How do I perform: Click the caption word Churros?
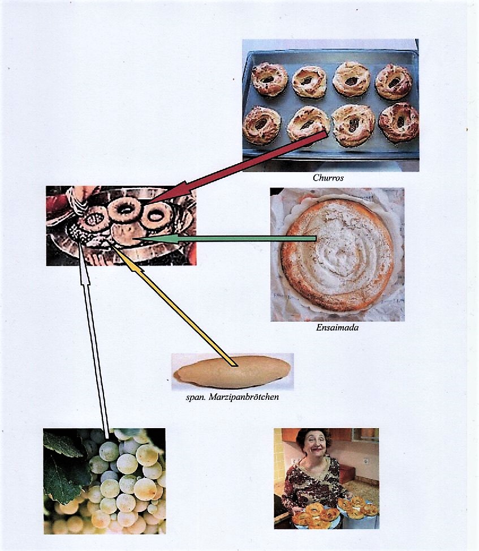328,177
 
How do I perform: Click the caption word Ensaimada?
337,327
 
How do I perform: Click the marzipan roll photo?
232,371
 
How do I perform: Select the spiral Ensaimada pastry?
337,255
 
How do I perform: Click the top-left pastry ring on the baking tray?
269,79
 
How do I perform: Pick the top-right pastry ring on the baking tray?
394,82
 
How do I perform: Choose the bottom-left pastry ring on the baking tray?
262,125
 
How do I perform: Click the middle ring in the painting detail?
124,210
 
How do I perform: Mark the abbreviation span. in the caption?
196,398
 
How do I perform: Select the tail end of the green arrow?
316,238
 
